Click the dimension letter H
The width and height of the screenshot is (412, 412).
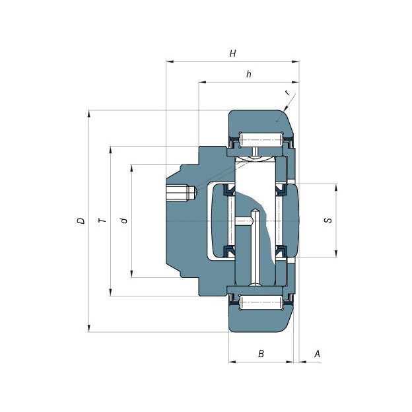tap(232, 53)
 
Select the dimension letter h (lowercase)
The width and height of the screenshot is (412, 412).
tap(248, 74)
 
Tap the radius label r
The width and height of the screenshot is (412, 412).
tap(288, 92)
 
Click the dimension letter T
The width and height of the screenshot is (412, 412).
tap(102, 220)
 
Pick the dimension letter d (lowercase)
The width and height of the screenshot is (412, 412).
tap(123, 220)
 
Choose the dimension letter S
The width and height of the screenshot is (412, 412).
tap(328, 220)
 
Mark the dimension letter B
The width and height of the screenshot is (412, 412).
tap(261, 354)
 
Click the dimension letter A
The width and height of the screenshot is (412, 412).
tap(318, 354)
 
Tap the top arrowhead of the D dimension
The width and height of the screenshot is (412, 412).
tap(89, 114)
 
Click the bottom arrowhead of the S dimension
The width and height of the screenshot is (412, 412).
tap(336, 254)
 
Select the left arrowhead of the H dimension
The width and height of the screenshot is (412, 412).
tap(170, 62)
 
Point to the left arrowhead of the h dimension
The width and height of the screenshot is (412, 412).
tap(203, 83)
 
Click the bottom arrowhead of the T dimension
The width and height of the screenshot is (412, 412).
tap(111, 292)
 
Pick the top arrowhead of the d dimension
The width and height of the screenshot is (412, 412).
tap(131, 168)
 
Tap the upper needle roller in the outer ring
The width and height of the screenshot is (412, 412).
tap(261, 139)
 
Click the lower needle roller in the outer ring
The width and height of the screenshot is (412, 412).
tap(261, 302)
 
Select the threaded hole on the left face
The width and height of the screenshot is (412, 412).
tap(182, 193)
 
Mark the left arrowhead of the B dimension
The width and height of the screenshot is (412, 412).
tap(232, 362)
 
